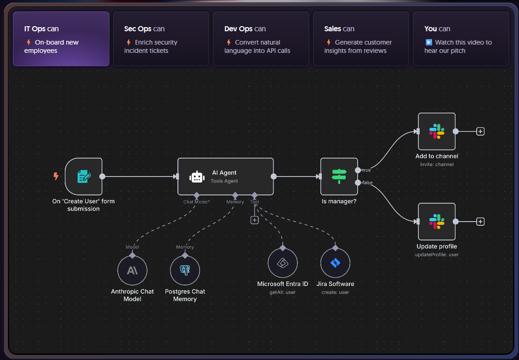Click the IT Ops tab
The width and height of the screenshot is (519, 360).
(x=61, y=39)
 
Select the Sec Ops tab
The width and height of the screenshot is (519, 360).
(x=161, y=39)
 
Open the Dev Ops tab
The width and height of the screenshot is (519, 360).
(x=261, y=39)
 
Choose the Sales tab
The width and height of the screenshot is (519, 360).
(x=361, y=39)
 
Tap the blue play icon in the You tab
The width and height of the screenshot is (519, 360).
(x=428, y=42)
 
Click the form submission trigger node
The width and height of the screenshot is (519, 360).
(x=83, y=176)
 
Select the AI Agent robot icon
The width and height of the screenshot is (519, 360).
(x=197, y=177)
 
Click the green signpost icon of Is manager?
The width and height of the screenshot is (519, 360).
(x=339, y=176)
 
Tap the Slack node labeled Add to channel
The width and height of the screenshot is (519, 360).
(x=437, y=131)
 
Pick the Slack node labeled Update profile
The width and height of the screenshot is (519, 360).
(x=437, y=222)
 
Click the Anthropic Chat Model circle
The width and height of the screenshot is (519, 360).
(x=132, y=271)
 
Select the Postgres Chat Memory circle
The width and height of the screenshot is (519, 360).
(x=185, y=271)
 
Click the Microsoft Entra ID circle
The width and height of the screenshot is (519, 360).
(x=283, y=263)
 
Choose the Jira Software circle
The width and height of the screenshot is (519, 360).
(x=335, y=263)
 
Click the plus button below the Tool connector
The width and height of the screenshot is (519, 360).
(x=255, y=220)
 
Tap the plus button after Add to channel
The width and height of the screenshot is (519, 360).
(x=480, y=131)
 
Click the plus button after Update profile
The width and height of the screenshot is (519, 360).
(x=480, y=222)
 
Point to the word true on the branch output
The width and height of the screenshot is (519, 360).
(x=366, y=170)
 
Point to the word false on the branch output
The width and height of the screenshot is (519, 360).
(x=367, y=183)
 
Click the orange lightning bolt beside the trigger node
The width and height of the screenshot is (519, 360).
(x=56, y=176)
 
